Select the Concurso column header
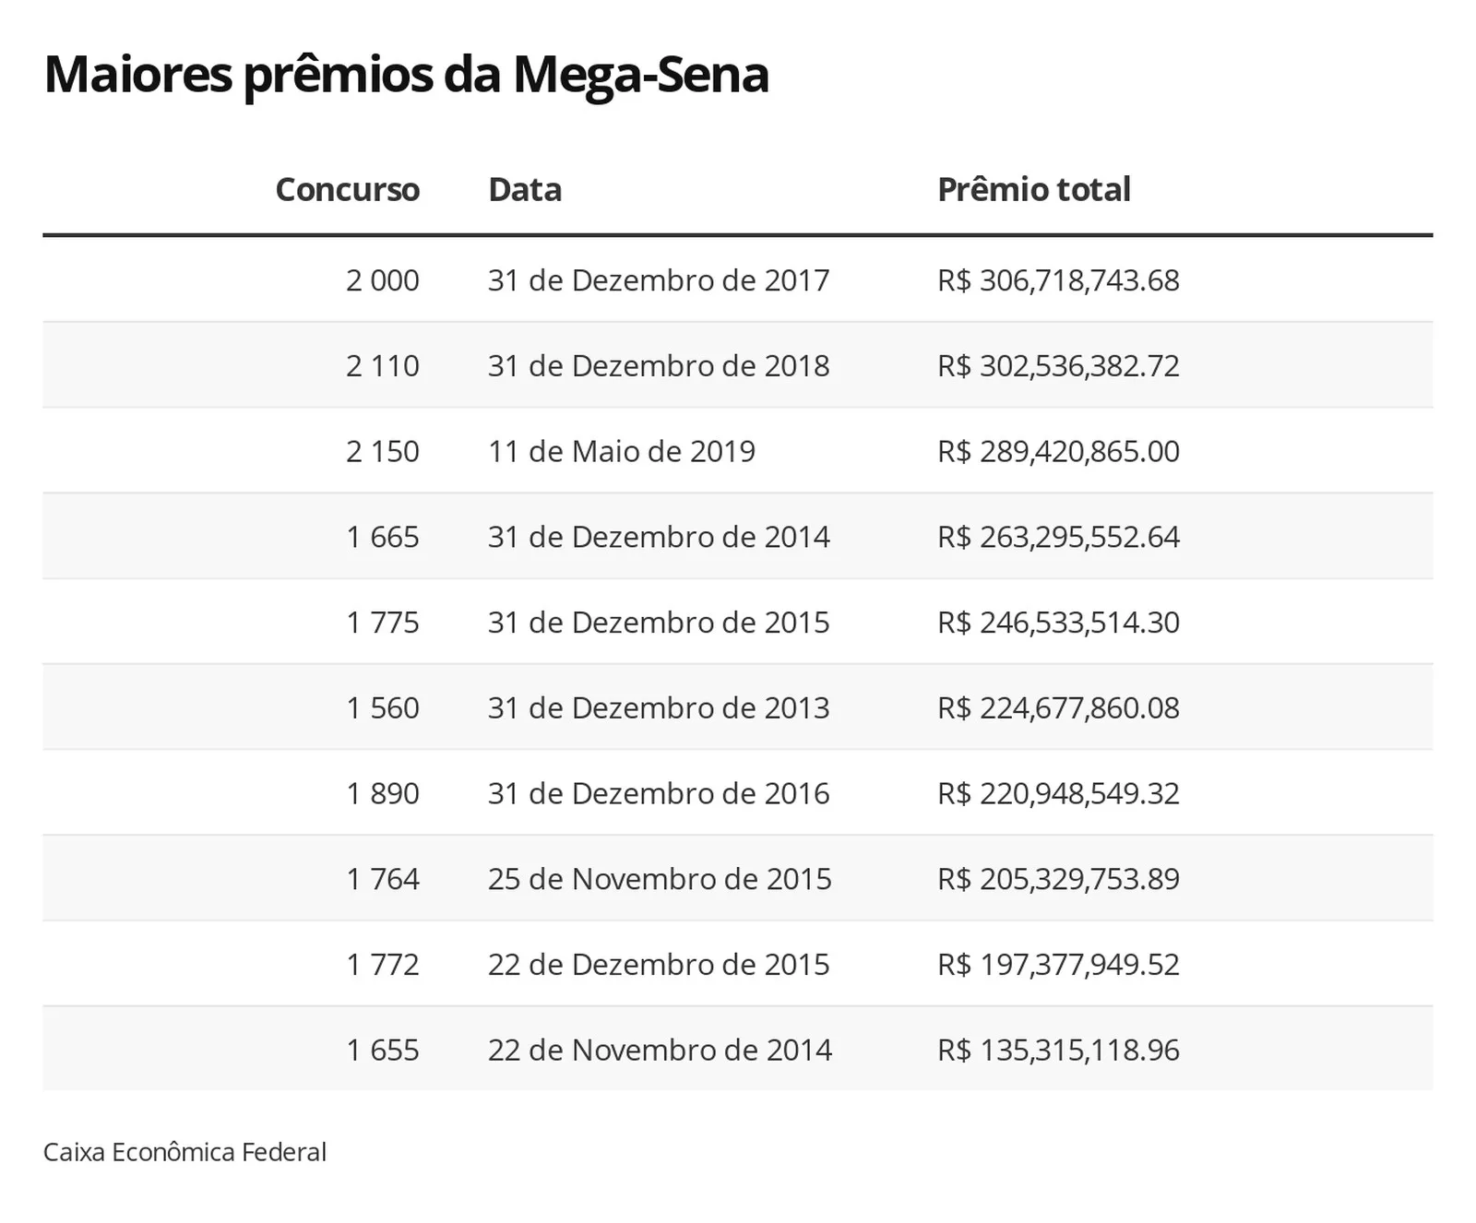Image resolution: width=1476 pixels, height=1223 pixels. (347, 189)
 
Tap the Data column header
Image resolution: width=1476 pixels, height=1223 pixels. (525, 189)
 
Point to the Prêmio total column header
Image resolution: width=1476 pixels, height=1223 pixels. (1034, 189)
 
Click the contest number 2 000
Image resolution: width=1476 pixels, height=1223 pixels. (383, 280)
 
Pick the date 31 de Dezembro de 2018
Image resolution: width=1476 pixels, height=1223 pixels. (659, 366)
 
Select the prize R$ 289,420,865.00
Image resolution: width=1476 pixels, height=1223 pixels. (1058, 452)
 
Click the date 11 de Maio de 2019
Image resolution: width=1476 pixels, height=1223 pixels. (622, 452)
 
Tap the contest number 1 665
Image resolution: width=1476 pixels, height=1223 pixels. (383, 537)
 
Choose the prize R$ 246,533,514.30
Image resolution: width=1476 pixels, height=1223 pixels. (1058, 623)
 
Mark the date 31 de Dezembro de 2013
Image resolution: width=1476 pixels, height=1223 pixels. (659, 708)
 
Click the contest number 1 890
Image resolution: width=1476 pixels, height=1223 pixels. (383, 794)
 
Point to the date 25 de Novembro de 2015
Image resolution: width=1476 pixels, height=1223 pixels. (660, 879)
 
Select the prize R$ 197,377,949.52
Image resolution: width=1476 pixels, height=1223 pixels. (1058, 965)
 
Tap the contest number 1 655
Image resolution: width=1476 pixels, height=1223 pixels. (383, 1051)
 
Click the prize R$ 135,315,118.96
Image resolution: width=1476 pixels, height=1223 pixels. (1058, 1051)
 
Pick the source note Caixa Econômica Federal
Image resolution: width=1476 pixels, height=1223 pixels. (184, 1152)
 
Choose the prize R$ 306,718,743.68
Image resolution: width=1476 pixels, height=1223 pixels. (1058, 280)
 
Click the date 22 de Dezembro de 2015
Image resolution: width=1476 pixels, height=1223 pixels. (659, 965)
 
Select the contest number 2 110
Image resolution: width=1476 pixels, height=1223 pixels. (383, 366)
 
